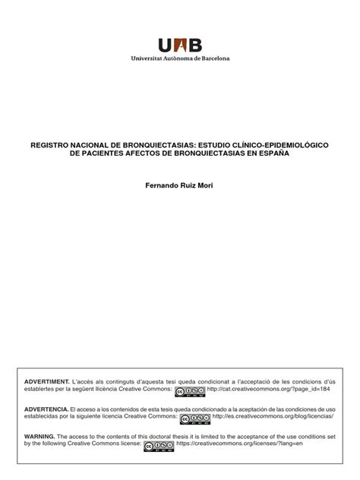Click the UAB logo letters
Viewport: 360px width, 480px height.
180,45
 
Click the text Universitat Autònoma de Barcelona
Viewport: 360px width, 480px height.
180,58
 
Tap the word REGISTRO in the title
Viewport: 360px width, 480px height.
49,143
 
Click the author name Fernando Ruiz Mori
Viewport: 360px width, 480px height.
179,186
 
